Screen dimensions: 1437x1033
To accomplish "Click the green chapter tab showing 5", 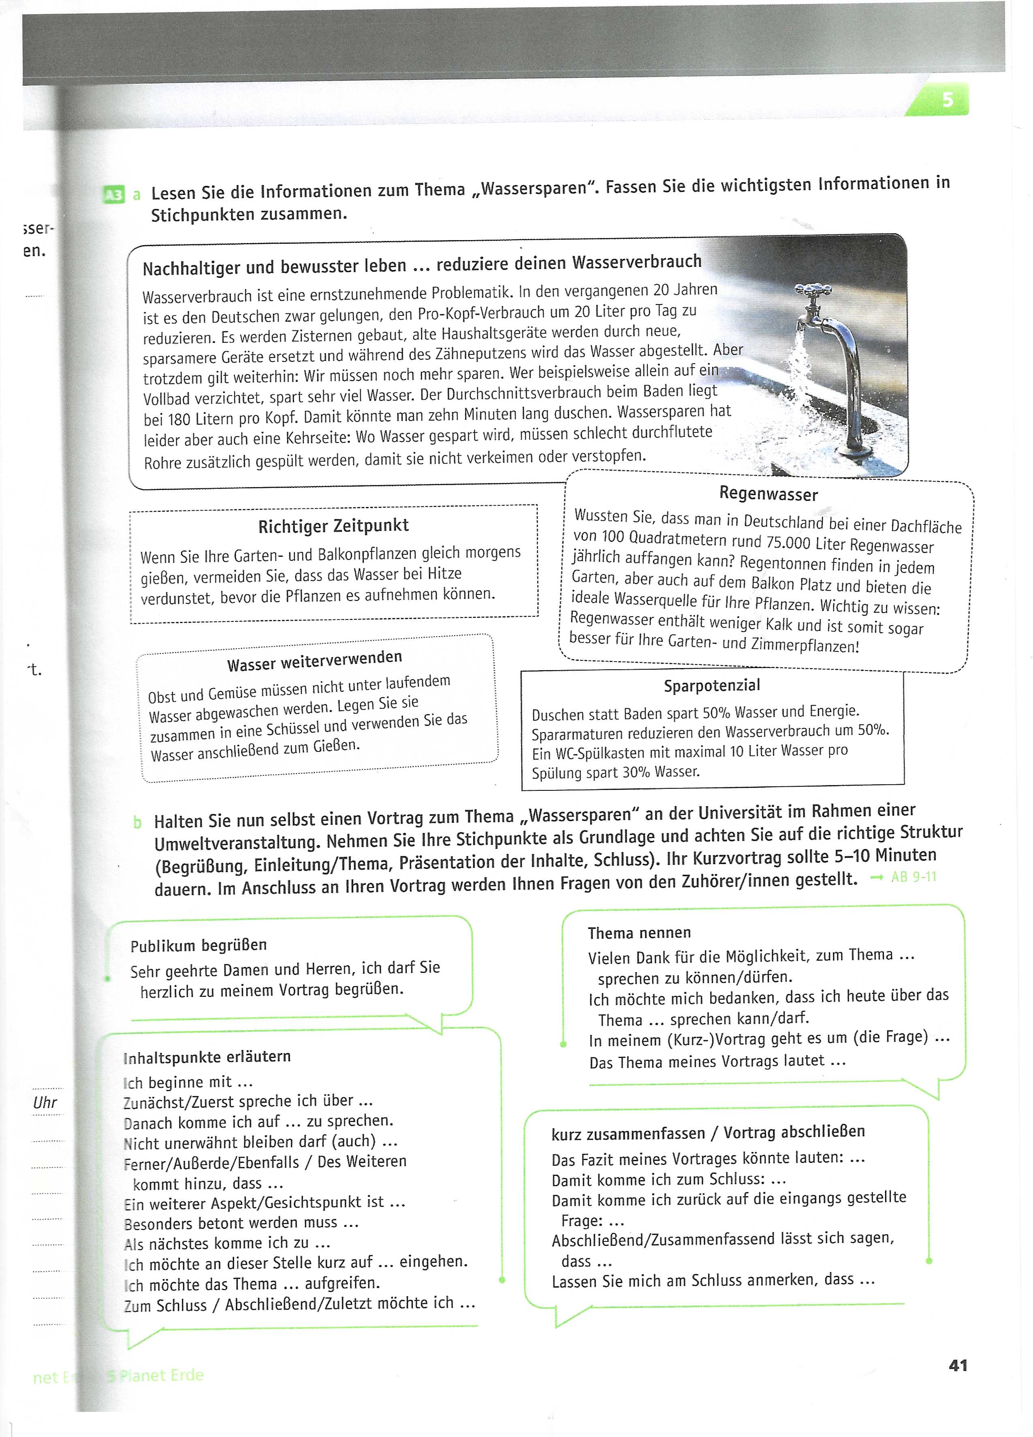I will pyautogui.click(x=945, y=100).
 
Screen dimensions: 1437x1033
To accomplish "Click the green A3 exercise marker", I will pyautogui.click(x=113, y=195).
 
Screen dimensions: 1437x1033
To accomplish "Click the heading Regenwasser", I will pyautogui.click(x=768, y=494).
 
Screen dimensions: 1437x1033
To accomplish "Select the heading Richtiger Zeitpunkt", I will pyautogui.click(x=333, y=526).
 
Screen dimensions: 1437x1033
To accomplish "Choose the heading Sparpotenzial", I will pyautogui.click(x=712, y=686).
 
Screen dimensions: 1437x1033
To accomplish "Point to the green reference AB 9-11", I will pyautogui.click(x=913, y=877).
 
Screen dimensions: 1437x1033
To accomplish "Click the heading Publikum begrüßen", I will pyautogui.click(x=198, y=945).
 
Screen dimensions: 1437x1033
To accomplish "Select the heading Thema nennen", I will pyautogui.click(x=639, y=932).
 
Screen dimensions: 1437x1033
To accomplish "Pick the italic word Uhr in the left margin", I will pyautogui.click(x=45, y=1103).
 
